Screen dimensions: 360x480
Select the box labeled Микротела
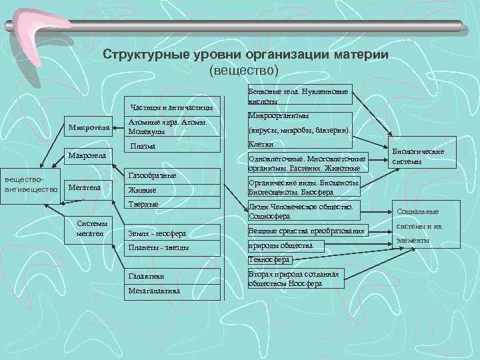point(88,127)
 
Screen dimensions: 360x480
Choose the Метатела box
point(84,188)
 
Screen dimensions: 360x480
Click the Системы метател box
point(93,229)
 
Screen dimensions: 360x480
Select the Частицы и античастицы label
point(171,107)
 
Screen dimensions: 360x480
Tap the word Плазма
point(144,146)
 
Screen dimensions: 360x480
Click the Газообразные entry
point(152,175)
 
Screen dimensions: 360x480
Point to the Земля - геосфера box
point(157,233)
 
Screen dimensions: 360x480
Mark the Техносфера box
point(269,259)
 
